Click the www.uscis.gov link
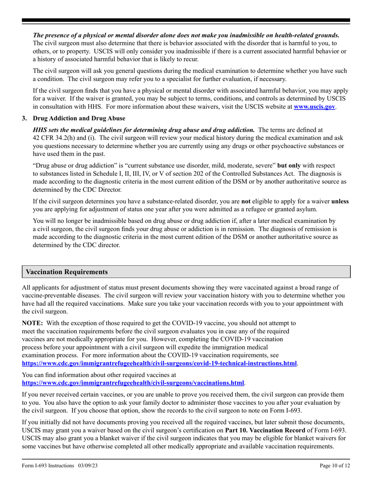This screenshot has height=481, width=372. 314,107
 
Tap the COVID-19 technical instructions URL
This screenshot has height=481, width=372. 159,363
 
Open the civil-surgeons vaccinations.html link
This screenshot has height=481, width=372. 133,383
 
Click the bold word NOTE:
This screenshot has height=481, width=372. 33,323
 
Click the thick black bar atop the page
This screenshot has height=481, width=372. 186,20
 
